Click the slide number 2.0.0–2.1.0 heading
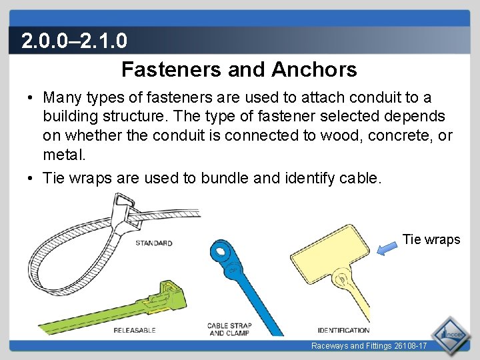74,42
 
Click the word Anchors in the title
317,69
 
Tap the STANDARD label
154,243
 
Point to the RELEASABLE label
135,330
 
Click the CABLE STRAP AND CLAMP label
229,329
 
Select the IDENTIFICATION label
343,330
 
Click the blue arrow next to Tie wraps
387,248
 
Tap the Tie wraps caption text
431,239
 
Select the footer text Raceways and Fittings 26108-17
369,346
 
